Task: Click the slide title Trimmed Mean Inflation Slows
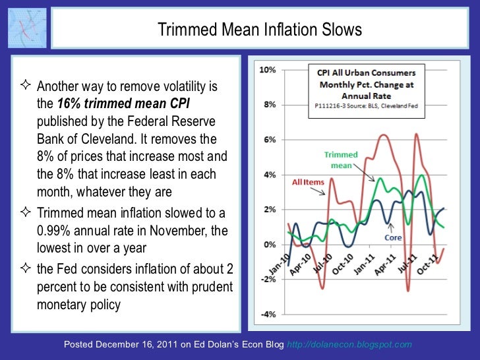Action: tap(259, 30)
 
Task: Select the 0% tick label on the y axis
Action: tap(269, 245)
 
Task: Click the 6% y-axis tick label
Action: tap(269, 139)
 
